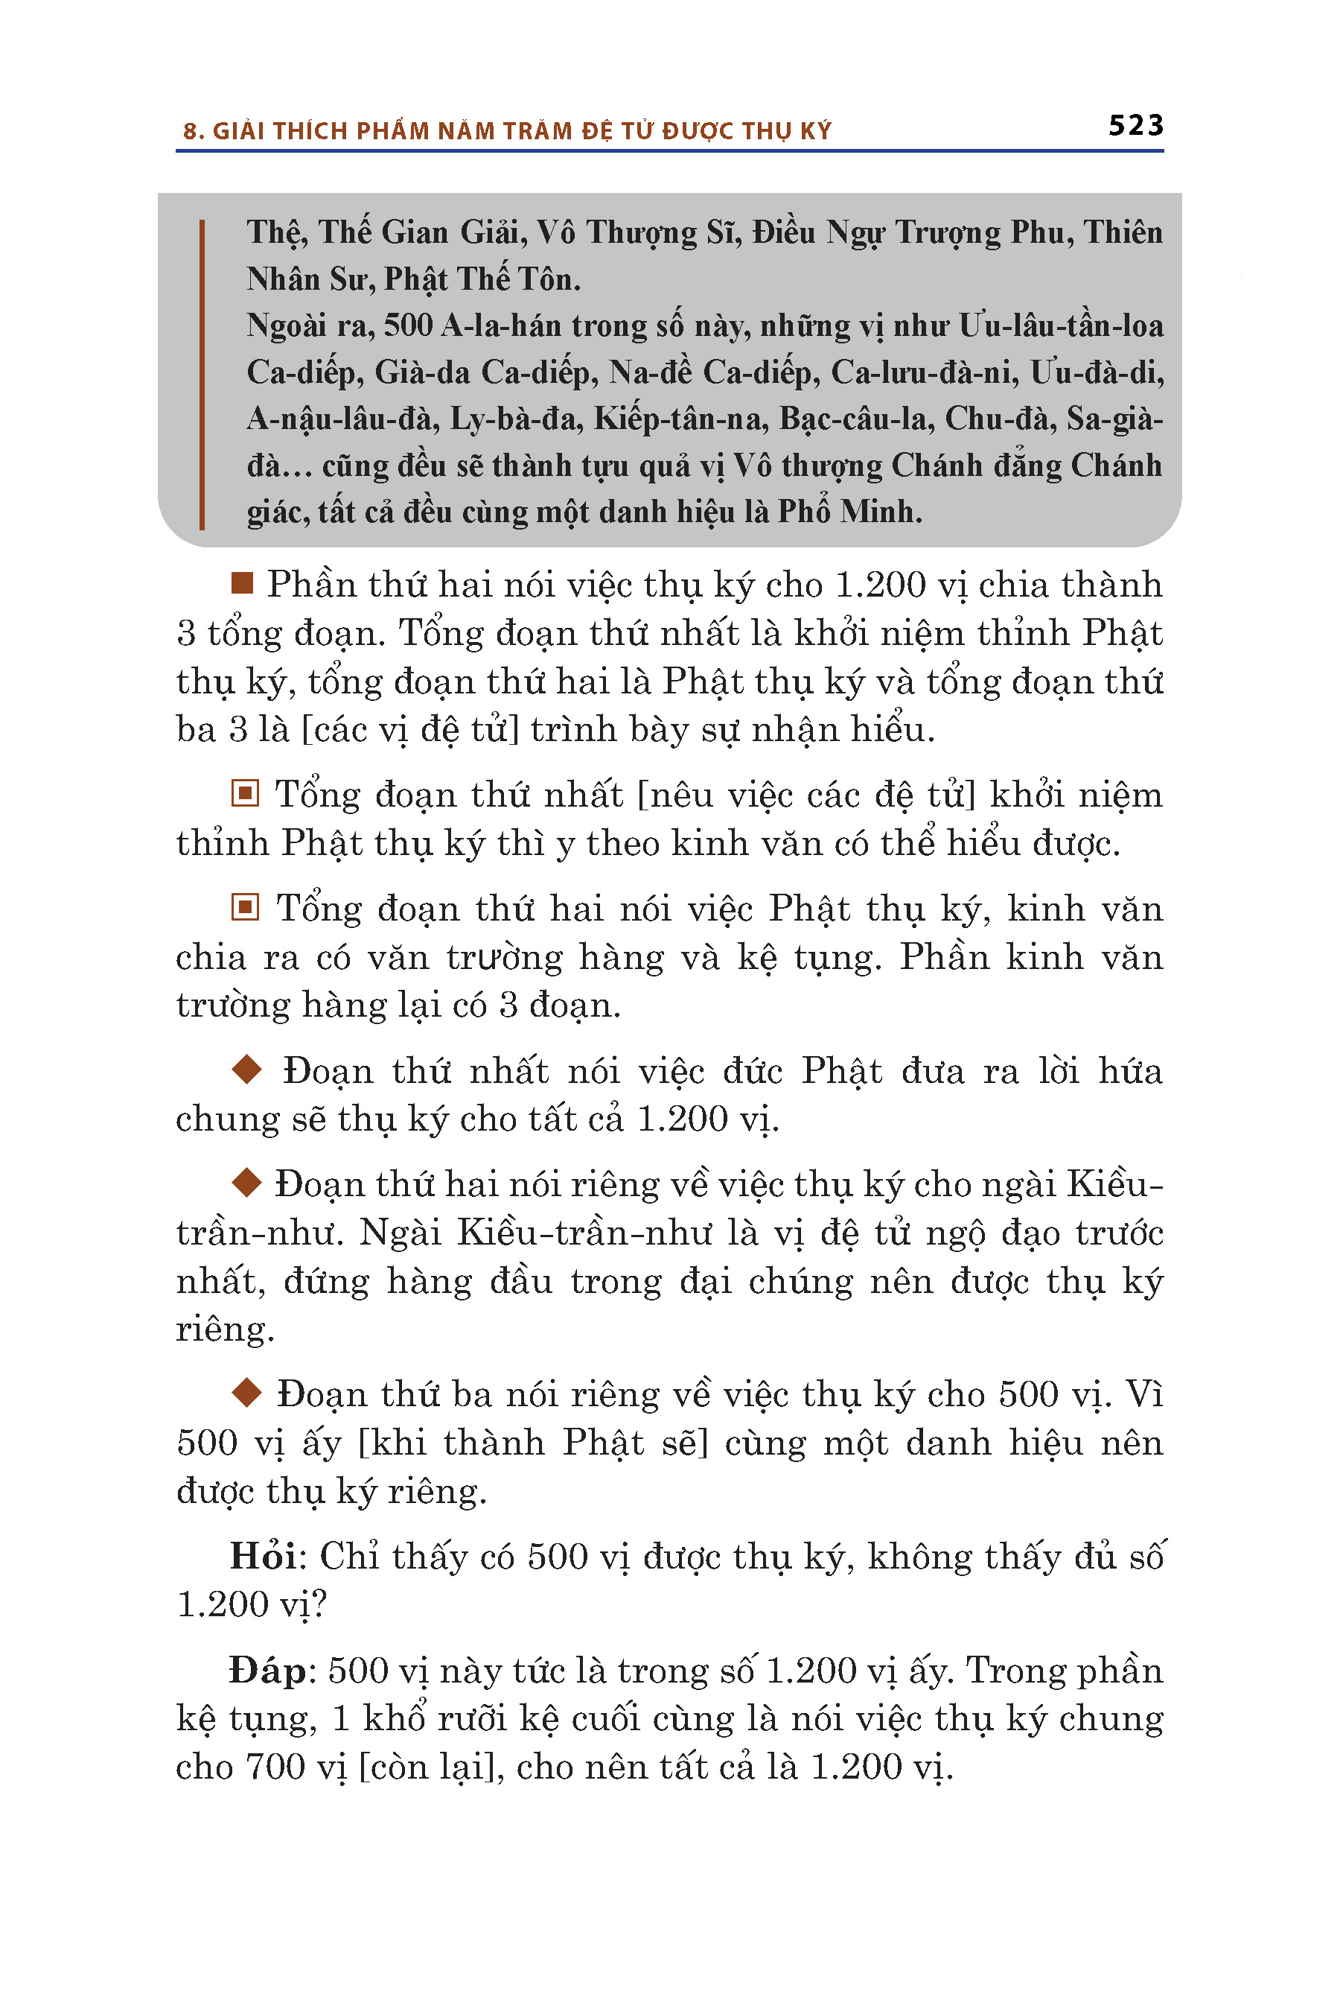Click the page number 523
coord(1135,126)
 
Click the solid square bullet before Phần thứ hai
coord(243,583)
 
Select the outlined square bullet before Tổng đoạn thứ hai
coord(245,906)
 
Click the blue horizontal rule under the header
coord(669,151)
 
